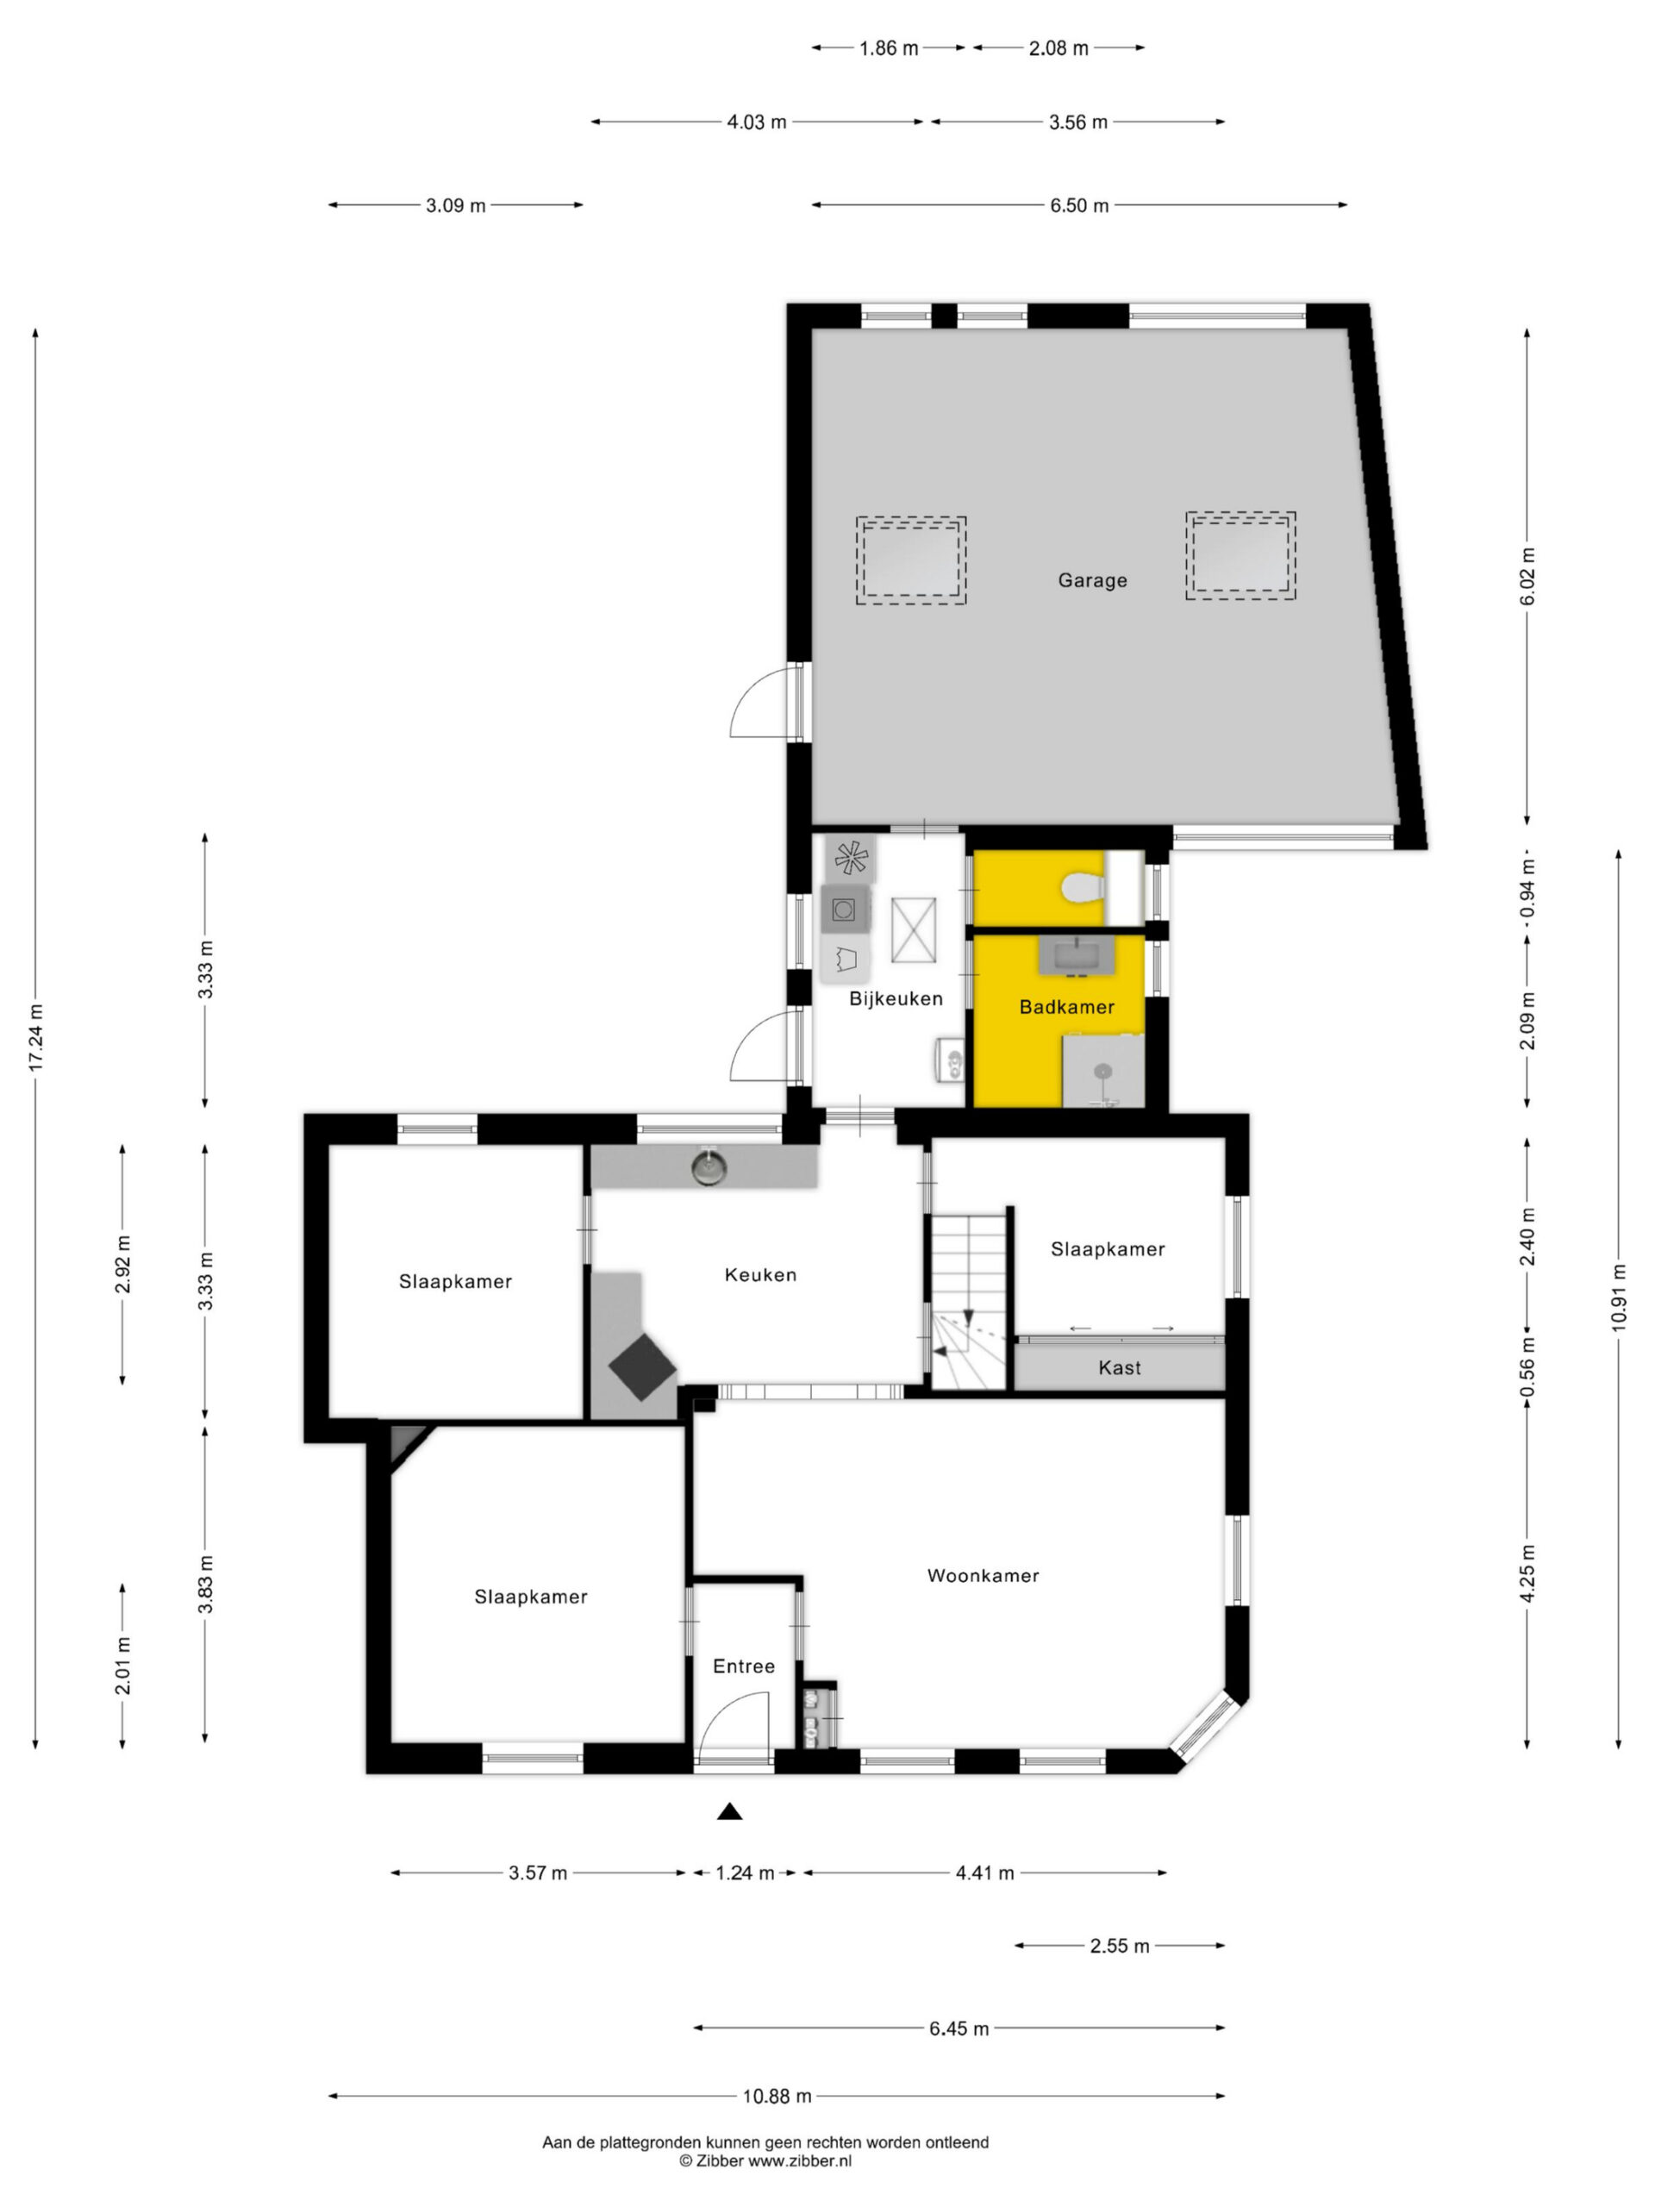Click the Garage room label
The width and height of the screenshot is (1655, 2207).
pyautogui.click(x=1092, y=579)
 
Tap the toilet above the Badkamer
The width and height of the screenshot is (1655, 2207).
pyautogui.click(x=1080, y=886)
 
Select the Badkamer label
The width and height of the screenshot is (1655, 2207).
pyautogui.click(x=1066, y=1007)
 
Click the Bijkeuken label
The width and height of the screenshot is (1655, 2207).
pyautogui.click(x=896, y=998)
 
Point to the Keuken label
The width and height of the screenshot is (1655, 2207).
pyautogui.click(x=760, y=1274)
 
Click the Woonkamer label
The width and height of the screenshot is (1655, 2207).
pyautogui.click(x=983, y=1575)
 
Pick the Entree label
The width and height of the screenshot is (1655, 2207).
pyautogui.click(x=743, y=1666)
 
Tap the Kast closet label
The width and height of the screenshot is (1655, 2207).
pyautogui.click(x=1120, y=1368)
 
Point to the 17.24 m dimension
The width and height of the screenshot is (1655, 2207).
pyautogui.click(x=36, y=1039)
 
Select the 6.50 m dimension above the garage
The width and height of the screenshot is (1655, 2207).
pyautogui.click(x=1078, y=205)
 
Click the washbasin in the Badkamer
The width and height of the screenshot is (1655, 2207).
pyautogui.click(x=1077, y=955)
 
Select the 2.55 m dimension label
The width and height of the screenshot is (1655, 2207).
pyautogui.click(x=1120, y=1946)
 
